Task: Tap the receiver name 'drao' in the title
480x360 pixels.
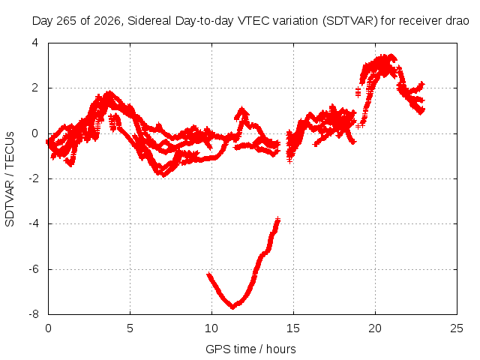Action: pyautogui.click(x=457, y=21)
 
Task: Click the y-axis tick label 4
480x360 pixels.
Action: pyautogui.click(x=35, y=43)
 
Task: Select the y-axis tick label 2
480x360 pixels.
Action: pyautogui.click(x=35, y=88)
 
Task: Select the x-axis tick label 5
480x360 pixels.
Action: pyautogui.click(x=130, y=328)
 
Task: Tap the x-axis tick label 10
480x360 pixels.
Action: pyautogui.click(x=211, y=328)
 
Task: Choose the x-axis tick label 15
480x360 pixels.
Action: pyautogui.click(x=293, y=328)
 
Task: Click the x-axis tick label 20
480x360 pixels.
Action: pyautogui.click(x=375, y=328)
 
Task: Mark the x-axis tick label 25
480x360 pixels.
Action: pyautogui.click(x=457, y=328)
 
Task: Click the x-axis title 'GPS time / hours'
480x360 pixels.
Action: pyautogui.click(x=250, y=349)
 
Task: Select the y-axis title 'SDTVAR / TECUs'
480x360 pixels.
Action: pyautogui.click(x=10, y=179)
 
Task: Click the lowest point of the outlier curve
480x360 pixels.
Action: pyautogui.click(x=233, y=307)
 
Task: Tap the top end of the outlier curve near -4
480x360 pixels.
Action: pyautogui.click(x=277, y=219)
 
